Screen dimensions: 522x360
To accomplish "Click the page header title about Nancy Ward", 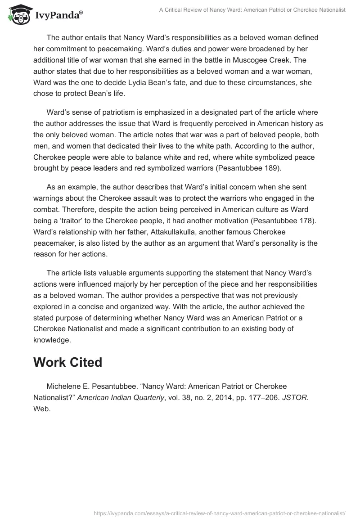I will (252, 10).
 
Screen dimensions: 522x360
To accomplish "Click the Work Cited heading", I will (67, 363).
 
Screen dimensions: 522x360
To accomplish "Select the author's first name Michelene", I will (63, 387).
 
